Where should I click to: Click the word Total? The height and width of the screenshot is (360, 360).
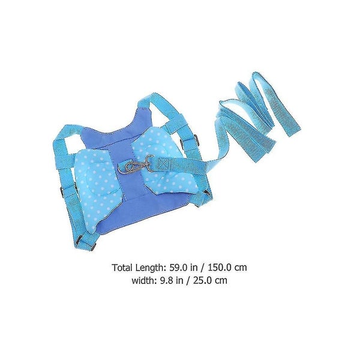tap(122, 268)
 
